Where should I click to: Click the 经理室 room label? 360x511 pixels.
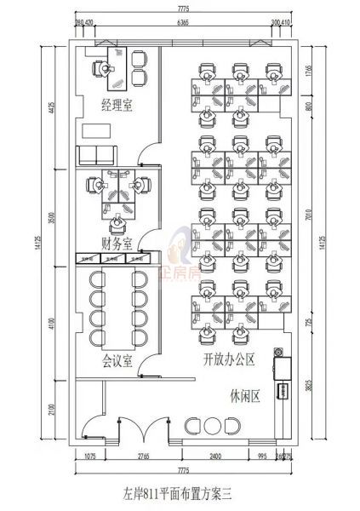[117, 105]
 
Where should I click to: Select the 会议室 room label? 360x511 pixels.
[117, 360]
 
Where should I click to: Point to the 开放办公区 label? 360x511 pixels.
[229, 359]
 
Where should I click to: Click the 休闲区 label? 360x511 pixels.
[243, 395]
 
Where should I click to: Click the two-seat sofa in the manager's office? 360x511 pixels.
[96, 155]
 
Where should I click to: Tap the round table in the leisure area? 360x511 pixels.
[214, 425]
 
